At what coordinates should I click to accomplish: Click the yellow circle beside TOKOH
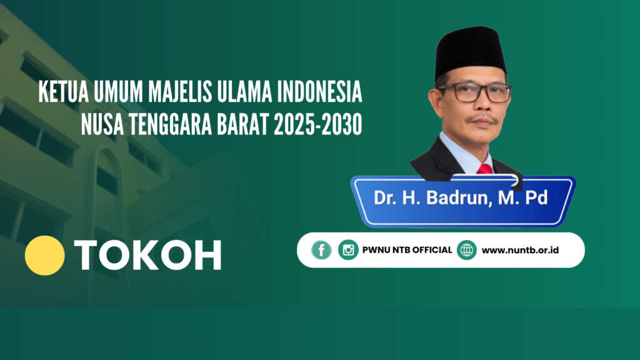(x=44, y=255)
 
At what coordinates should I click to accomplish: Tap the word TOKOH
(x=147, y=255)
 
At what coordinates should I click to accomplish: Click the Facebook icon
(x=321, y=250)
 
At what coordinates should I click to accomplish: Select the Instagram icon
(x=348, y=250)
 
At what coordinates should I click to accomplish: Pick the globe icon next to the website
(x=466, y=250)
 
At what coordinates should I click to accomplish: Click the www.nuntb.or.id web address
(x=520, y=250)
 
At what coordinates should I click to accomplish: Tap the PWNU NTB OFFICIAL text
(x=407, y=250)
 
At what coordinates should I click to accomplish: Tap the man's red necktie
(x=485, y=169)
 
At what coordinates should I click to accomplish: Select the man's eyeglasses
(x=476, y=92)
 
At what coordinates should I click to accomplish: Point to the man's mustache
(x=483, y=119)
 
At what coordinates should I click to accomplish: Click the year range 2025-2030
(x=318, y=124)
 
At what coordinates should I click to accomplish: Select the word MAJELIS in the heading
(x=180, y=92)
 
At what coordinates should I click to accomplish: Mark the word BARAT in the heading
(x=243, y=124)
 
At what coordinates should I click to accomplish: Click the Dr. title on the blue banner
(x=384, y=198)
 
